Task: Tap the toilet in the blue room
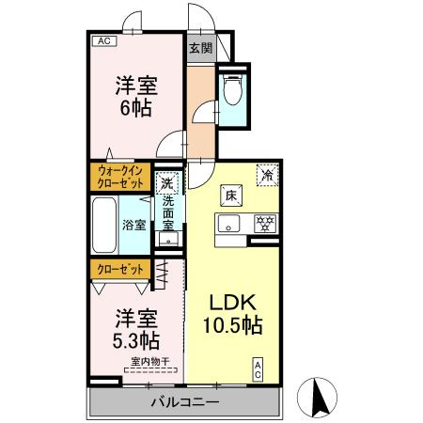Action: [x=233, y=90]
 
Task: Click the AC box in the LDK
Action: [x=256, y=369]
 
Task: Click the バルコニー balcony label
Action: [x=185, y=402]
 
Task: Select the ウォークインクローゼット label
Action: [x=119, y=177]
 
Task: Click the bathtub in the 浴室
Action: [x=104, y=224]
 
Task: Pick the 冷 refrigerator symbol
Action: [x=268, y=174]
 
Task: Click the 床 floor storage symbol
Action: [x=230, y=196]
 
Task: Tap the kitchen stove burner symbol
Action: [x=264, y=223]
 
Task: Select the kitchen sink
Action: [x=230, y=224]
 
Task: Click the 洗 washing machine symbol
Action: [x=167, y=183]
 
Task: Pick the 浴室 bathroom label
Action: [x=134, y=225]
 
